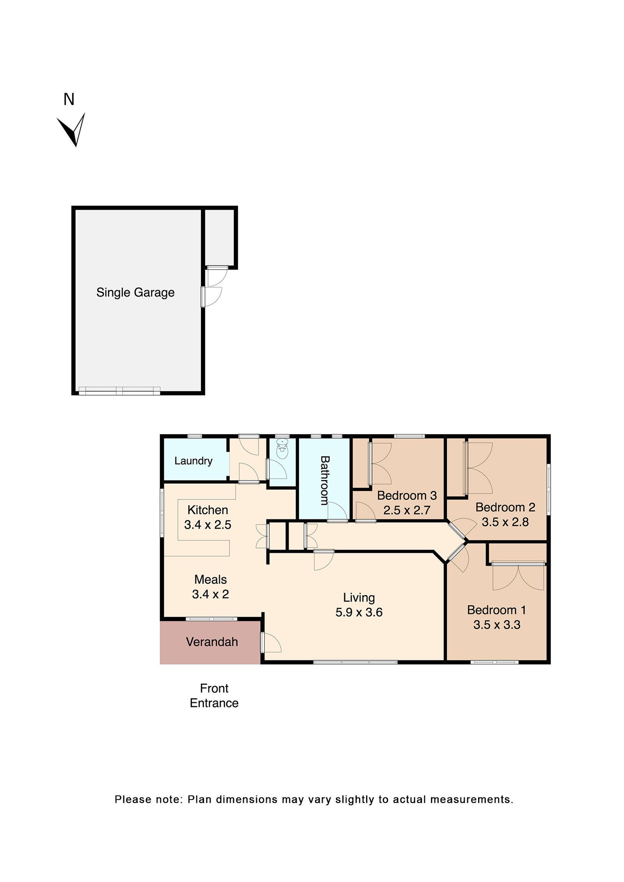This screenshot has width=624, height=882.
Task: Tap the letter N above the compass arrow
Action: [69, 99]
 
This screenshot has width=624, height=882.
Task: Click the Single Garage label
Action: [135, 292]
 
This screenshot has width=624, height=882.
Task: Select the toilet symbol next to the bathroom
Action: [282, 450]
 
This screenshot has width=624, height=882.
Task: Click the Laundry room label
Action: [193, 461]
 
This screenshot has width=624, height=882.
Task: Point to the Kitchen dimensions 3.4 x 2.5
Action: [207, 525]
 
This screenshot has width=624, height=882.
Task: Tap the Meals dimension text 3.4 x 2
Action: [210, 594]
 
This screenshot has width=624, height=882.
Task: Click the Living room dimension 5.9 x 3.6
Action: [358, 612]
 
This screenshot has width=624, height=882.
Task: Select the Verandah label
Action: [212, 642]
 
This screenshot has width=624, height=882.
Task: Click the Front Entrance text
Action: [214, 695]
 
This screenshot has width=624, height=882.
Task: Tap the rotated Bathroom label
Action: [324, 480]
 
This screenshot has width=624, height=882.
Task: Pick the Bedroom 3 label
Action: [406, 495]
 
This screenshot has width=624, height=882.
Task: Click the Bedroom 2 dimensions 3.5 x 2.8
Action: [505, 522]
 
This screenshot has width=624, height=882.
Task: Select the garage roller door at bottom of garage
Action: [119, 391]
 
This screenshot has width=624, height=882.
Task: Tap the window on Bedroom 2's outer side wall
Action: [548, 489]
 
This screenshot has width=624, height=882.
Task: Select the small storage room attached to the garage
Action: [220, 237]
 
